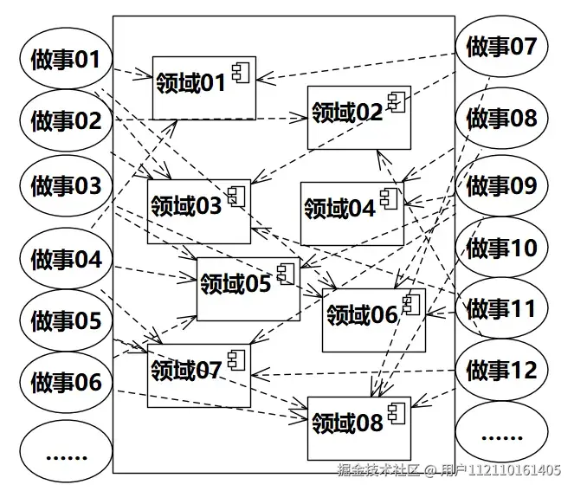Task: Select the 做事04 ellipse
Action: click(x=66, y=259)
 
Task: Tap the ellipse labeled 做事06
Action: click(x=66, y=382)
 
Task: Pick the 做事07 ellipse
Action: click(x=501, y=48)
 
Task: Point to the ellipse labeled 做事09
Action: click(x=501, y=186)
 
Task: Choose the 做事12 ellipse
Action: click(x=501, y=371)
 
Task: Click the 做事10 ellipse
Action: click(x=501, y=249)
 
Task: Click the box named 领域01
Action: click(x=203, y=87)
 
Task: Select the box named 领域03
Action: click(x=198, y=210)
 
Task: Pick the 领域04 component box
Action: click(x=351, y=213)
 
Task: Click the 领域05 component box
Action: click(x=248, y=288)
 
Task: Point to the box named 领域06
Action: click(x=373, y=320)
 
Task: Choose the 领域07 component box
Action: click(x=198, y=374)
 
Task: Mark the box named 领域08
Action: click(x=358, y=427)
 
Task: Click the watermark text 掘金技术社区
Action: click(x=378, y=470)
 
